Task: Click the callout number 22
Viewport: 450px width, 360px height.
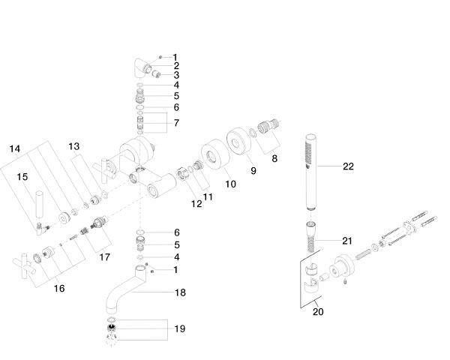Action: coord(348,166)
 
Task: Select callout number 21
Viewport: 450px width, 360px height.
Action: coord(346,241)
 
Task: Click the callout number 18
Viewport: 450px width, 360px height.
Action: coord(180,292)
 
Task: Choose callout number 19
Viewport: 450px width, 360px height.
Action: coord(180,329)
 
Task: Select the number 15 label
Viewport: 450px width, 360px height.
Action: coord(22,176)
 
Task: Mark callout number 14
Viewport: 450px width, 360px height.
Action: coord(15,148)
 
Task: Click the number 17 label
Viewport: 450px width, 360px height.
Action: coord(104,256)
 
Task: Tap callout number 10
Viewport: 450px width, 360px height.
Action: coord(230,184)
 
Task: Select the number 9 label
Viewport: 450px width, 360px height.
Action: coord(253,171)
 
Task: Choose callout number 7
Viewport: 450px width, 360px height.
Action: coord(175,122)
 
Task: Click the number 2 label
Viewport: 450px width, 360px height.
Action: coord(175,66)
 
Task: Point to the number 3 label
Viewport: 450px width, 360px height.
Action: coord(175,76)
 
